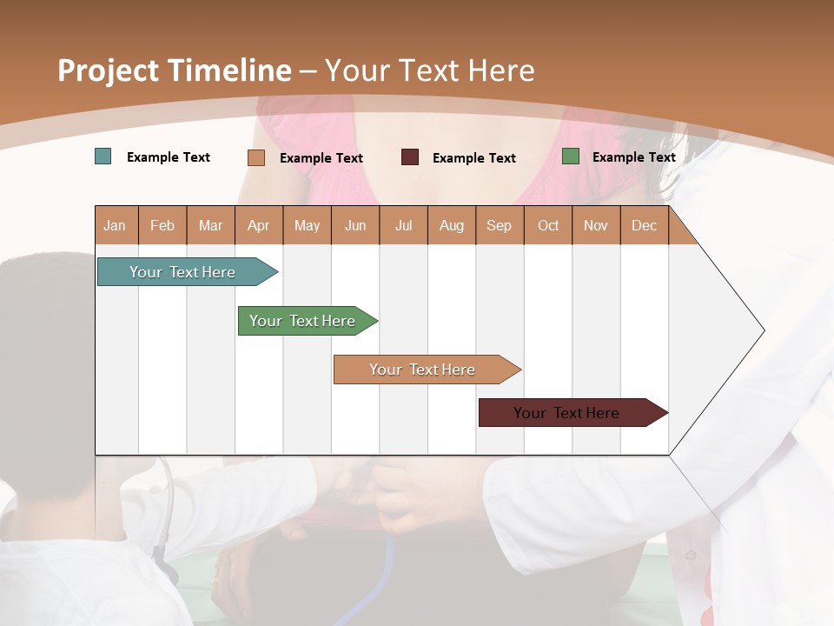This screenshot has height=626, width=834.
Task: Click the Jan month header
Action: pyautogui.click(x=116, y=225)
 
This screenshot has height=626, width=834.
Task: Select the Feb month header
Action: pyautogui.click(x=162, y=225)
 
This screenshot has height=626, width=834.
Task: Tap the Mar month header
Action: pyautogui.click(x=210, y=225)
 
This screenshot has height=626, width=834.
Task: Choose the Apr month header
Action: pyautogui.click(x=259, y=225)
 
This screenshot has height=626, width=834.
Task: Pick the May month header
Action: pyautogui.click(x=307, y=225)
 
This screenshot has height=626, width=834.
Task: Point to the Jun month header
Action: pyautogui.click(x=355, y=225)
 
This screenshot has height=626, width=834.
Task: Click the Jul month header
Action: pyautogui.click(x=403, y=225)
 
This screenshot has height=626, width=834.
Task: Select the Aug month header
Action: pyautogui.click(x=452, y=225)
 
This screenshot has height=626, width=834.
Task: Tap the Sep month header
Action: pyautogui.click(x=500, y=225)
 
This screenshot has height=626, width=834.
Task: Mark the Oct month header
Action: pyautogui.click(x=548, y=225)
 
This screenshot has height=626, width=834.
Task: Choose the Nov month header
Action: pyautogui.click(x=596, y=225)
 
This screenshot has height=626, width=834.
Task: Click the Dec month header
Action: pyautogui.click(x=645, y=225)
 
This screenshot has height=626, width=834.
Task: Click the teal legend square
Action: pyautogui.click(x=103, y=156)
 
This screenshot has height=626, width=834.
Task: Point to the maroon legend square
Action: pyautogui.click(x=410, y=156)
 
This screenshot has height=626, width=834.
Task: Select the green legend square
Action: pyautogui.click(x=571, y=156)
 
